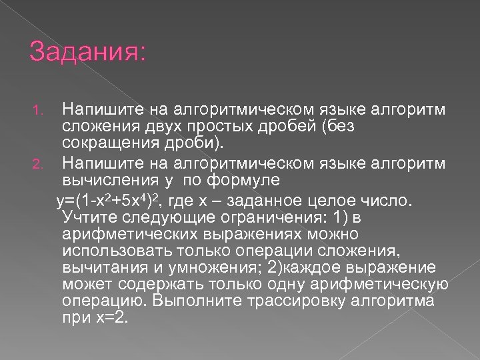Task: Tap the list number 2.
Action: (x=39, y=161)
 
